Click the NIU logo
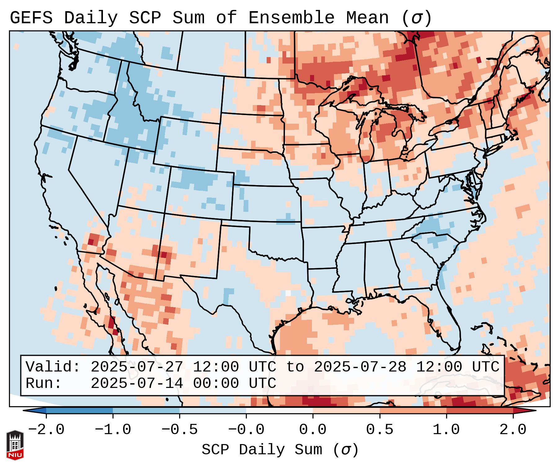[x=15, y=445]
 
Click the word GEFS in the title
[x=31, y=18]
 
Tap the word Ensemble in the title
[x=291, y=18]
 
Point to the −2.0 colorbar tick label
[x=46, y=430]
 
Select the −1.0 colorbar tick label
[x=113, y=430]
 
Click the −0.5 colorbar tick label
[x=180, y=430]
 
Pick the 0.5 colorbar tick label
[x=380, y=430]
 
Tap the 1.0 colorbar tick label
[x=446, y=430]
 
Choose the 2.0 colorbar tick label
[x=513, y=430]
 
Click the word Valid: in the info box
[x=53, y=367]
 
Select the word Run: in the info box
[x=44, y=384]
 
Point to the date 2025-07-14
[x=137, y=384]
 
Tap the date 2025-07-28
[x=360, y=367]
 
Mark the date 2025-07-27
[x=137, y=367]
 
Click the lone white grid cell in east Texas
[x=288, y=293]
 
